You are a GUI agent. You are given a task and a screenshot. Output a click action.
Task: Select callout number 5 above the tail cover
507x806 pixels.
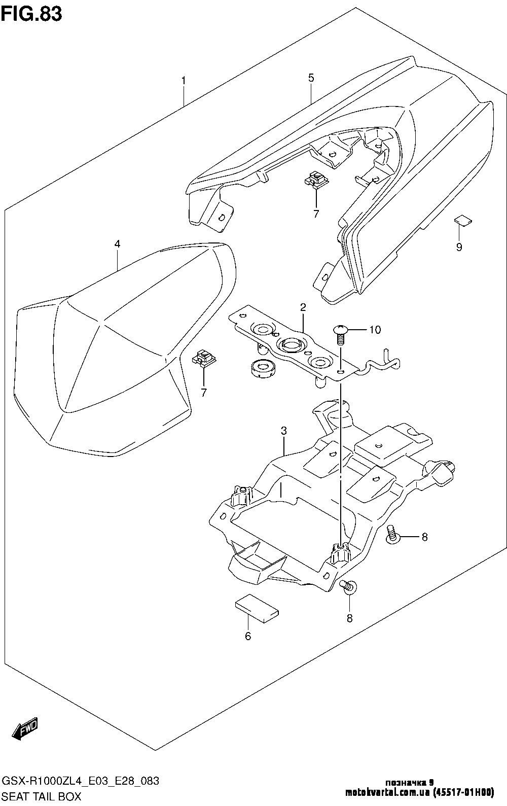click(311, 78)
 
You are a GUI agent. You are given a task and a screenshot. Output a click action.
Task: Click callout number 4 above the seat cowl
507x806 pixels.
click(117, 244)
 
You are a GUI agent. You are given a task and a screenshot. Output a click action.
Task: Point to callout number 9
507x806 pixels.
click(459, 248)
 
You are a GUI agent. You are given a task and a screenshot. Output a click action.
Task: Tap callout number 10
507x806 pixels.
click(374, 330)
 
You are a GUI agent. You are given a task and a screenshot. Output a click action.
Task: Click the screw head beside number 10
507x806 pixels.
click(340, 331)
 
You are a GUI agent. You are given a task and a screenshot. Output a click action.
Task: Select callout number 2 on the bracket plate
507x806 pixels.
click(303, 307)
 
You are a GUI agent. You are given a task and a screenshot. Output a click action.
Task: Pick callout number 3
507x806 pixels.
click(284, 431)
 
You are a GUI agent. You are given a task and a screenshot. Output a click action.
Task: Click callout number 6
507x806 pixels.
click(248, 636)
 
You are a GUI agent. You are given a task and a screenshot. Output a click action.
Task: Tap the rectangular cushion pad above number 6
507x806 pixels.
click(257, 607)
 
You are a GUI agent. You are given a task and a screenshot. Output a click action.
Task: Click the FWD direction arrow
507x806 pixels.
click(25, 730)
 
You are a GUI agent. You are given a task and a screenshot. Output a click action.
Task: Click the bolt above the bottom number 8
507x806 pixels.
click(349, 586)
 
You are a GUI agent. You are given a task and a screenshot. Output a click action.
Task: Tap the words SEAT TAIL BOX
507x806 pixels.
click(42, 796)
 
